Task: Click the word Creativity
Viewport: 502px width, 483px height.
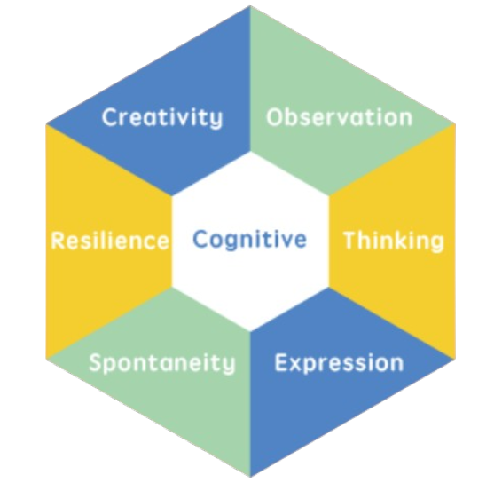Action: pos(162,117)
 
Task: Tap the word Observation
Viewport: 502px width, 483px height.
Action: pos(340,117)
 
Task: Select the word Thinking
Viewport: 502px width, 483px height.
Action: pos(394,241)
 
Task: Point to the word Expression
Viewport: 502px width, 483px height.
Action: pos(340,364)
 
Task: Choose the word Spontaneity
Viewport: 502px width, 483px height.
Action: pos(162,364)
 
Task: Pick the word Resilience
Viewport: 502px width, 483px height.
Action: pos(110,241)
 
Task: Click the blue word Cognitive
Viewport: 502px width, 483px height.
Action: pos(250,240)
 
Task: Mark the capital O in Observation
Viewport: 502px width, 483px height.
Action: pos(275,117)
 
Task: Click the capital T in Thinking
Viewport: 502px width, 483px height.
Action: pos(351,240)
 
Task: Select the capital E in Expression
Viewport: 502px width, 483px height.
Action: pos(282,363)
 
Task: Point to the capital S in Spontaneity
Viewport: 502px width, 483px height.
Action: pos(97,363)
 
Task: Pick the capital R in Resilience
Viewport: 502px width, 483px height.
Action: pos(59,241)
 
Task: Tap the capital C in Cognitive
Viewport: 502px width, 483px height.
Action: pos(200,239)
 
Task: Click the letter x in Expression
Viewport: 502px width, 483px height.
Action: pos(298,365)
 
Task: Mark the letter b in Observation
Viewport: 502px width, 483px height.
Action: pos(294,117)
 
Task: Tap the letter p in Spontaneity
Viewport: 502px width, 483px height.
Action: pos(114,367)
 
